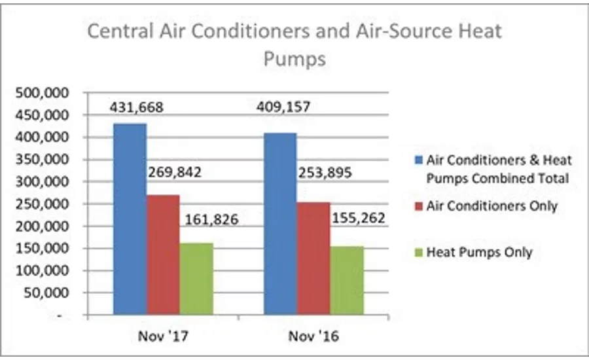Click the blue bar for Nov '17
click(x=130, y=219)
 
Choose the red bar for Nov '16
click(x=313, y=259)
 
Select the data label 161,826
click(x=211, y=219)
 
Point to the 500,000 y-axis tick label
click(x=41, y=93)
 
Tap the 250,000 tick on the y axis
click(x=41, y=204)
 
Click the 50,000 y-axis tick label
click(x=45, y=293)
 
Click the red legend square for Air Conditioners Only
click(x=417, y=206)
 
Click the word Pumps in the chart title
click(x=294, y=60)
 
